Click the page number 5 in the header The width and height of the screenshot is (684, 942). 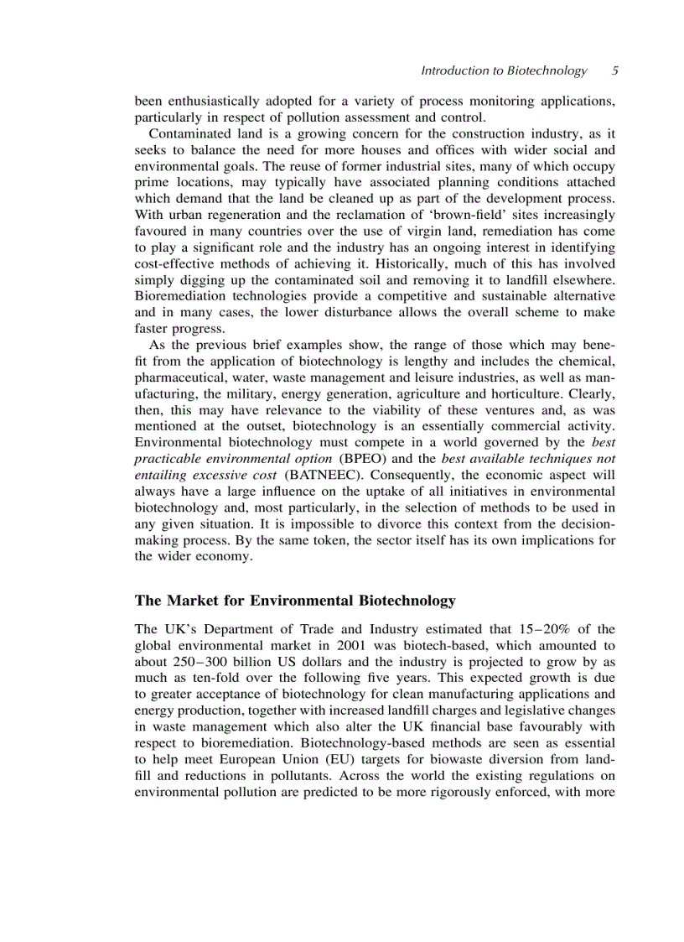(x=614, y=71)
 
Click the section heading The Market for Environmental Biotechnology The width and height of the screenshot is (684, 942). (x=295, y=601)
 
